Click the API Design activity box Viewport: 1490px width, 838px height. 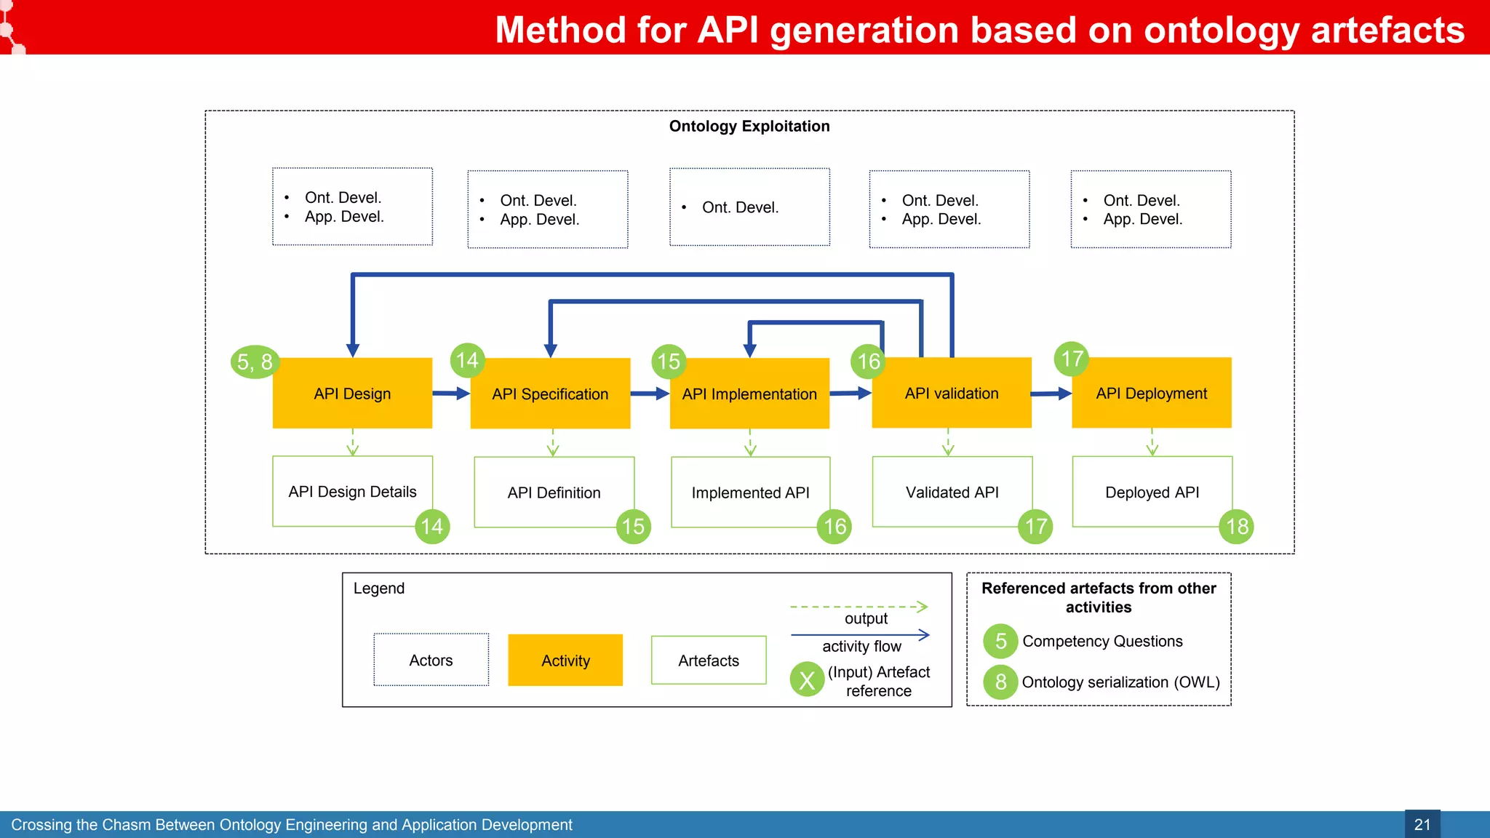(x=352, y=393)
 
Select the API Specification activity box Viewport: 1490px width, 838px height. (x=550, y=394)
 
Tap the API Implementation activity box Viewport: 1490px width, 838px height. (x=749, y=394)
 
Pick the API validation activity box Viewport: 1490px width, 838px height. (x=952, y=393)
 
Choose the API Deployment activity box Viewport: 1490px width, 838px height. (x=1151, y=393)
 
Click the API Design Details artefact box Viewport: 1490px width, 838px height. (x=352, y=491)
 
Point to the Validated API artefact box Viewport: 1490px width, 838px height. (x=952, y=492)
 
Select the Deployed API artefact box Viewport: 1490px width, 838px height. (x=1152, y=492)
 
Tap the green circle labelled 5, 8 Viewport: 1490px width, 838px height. (x=255, y=362)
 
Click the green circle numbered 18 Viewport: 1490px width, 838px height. (x=1237, y=526)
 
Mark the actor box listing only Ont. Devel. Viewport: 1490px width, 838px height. (x=749, y=207)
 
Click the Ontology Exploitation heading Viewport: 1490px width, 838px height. (x=749, y=126)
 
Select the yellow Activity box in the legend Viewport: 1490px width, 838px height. (x=565, y=660)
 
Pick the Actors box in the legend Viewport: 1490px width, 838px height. (x=431, y=660)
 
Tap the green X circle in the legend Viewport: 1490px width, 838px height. (x=807, y=679)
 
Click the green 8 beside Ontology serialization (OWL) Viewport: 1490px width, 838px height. (x=1000, y=682)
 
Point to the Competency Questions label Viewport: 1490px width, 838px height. (x=1102, y=641)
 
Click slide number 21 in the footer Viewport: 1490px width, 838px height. (x=1422, y=824)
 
